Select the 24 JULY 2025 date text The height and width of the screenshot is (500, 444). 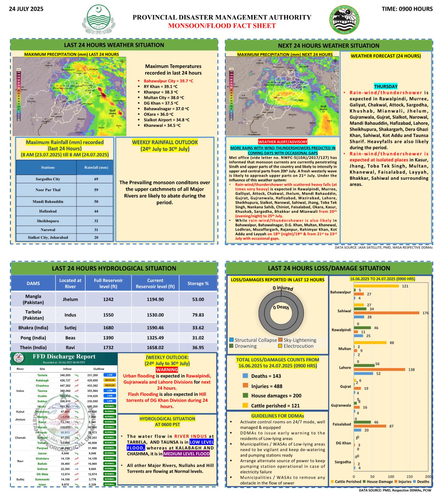pyautogui.click(x=26, y=9)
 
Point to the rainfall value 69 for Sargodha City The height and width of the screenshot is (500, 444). pyautogui.click(x=96, y=179)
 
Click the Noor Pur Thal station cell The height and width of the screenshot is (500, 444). pyautogui.click(x=48, y=190)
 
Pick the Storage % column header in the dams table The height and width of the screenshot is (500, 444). pyautogui.click(x=198, y=283)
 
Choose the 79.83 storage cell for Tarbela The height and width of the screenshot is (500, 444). pyautogui.click(x=198, y=315)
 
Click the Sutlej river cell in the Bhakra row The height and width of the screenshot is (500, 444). pyautogui.click(x=70, y=328)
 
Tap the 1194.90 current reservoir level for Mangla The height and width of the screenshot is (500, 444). pyautogui.click(x=155, y=299)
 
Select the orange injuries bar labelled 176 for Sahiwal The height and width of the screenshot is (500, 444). pyautogui.click(x=387, y=313)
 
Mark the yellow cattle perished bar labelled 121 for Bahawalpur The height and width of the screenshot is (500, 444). pyautogui.click(x=376, y=286)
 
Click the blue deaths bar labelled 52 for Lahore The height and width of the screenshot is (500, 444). pyautogui.click(x=363, y=373)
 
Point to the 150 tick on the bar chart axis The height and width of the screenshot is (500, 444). pyautogui.click(x=409, y=477)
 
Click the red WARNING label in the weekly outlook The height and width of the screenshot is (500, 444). pyautogui.click(x=167, y=370)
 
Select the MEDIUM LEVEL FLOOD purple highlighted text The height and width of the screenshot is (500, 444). pyautogui.click(x=186, y=454)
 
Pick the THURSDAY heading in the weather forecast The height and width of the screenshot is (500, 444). pyautogui.click(x=386, y=87)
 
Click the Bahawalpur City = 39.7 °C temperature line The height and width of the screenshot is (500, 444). pyautogui.click(x=168, y=81)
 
